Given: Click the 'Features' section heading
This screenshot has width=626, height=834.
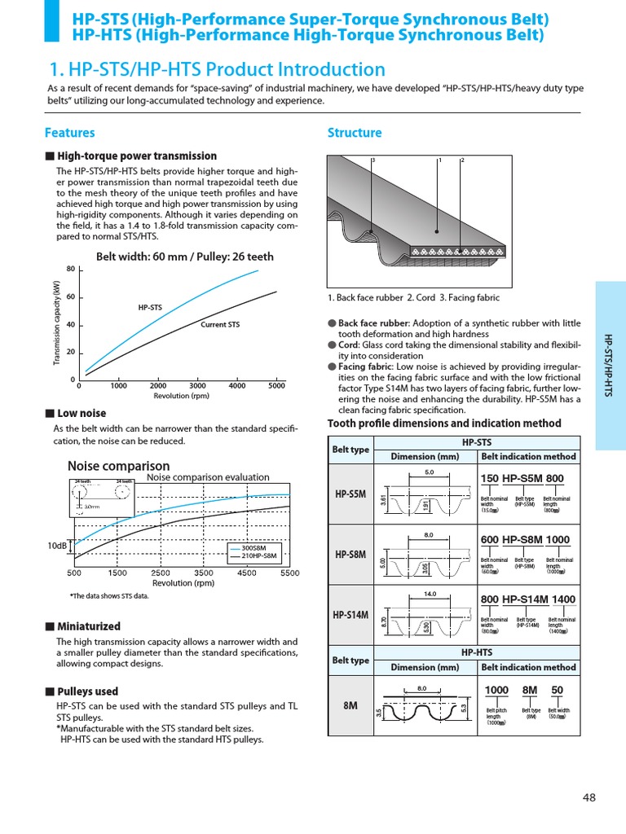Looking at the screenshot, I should point(69,133).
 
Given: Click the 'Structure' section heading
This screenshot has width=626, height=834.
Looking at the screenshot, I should point(354,133).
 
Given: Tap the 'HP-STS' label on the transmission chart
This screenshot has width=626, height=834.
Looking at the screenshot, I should point(150,307).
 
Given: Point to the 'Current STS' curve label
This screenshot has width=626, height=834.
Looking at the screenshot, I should point(220,325).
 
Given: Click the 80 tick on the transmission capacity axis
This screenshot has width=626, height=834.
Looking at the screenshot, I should point(70,270).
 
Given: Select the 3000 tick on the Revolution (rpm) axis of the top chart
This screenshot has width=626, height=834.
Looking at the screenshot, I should point(197,386).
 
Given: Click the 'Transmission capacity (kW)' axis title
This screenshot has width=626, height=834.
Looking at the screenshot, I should point(57,323).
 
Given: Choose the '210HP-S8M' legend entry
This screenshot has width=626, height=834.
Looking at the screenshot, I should point(258,557).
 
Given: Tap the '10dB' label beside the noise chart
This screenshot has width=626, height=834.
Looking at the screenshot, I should point(57,546).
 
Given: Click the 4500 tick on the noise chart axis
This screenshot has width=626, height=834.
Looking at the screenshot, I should point(246,573).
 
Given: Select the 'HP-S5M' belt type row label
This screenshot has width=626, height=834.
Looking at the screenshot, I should point(350,494).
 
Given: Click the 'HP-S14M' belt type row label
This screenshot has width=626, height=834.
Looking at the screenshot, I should point(350,615).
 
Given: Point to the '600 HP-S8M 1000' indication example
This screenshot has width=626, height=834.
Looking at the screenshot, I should point(525,540).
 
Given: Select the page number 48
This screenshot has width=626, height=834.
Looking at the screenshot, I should point(589,797).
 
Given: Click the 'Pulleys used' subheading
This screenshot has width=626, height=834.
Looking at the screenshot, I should point(87,691).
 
